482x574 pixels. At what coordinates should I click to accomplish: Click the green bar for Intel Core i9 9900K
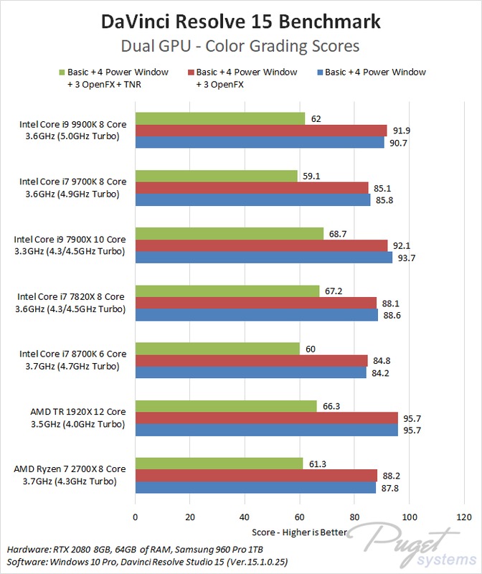coord(219,118)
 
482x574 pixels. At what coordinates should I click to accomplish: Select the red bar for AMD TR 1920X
coord(266,418)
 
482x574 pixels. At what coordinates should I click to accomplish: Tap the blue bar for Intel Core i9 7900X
coord(263,257)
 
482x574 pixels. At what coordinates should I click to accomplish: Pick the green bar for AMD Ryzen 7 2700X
coord(219,464)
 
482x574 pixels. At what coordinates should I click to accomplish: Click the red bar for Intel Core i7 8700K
coord(251,360)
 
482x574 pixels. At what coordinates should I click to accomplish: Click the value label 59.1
coord(311,176)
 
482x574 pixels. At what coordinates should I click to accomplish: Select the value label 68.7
coord(338,233)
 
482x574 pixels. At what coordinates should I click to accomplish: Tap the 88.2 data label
coord(392,475)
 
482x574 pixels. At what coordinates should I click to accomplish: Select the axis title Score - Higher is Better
coord(300,532)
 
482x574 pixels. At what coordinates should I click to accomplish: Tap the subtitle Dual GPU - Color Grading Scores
coord(241,47)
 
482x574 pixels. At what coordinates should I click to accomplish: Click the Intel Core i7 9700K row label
coord(72,187)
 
